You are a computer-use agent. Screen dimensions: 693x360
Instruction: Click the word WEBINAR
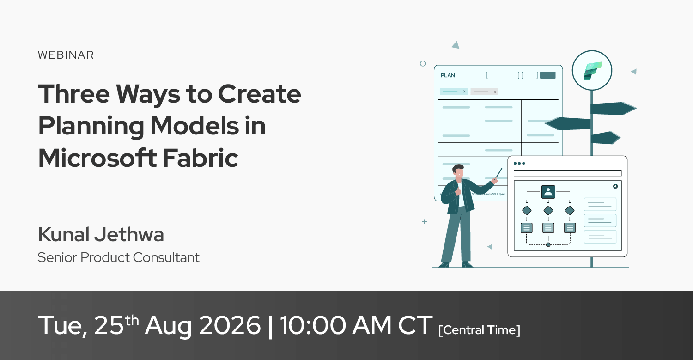tap(66, 55)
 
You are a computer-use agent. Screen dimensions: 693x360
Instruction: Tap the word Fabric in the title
tap(200, 158)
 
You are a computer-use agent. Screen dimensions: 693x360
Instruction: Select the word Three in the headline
tap(74, 93)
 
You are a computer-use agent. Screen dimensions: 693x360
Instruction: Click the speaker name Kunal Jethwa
tap(101, 234)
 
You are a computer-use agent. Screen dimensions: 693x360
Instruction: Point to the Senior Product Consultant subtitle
tap(118, 257)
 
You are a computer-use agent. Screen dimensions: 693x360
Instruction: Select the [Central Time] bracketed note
tap(479, 330)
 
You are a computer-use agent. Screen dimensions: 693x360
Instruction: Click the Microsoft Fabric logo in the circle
tap(592, 71)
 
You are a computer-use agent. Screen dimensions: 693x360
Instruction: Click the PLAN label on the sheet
tap(448, 75)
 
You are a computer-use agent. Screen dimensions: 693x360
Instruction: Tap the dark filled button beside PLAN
tap(547, 75)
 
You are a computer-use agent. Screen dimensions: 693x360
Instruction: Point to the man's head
tap(458, 171)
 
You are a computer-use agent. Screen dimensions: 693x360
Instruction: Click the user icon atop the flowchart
tap(548, 192)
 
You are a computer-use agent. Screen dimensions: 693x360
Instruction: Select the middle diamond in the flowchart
tap(548, 210)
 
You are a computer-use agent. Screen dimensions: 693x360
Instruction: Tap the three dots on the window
tap(519, 164)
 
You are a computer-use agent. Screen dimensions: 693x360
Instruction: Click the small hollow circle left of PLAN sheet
tap(423, 64)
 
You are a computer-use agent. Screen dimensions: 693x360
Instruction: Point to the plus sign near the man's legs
tap(425, 222)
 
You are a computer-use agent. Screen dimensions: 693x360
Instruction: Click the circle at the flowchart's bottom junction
tap(548, 245)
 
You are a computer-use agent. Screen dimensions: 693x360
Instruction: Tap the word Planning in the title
tap(91, 126)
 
